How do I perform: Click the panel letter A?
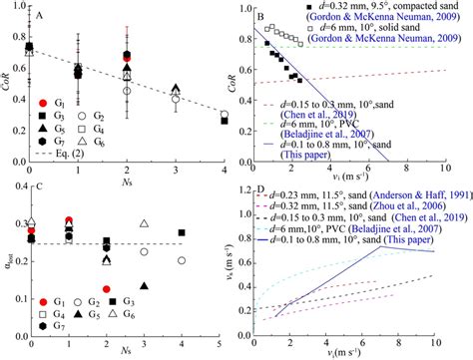click(x=40, y=15)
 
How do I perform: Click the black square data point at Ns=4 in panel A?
click(x=223, y=121)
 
